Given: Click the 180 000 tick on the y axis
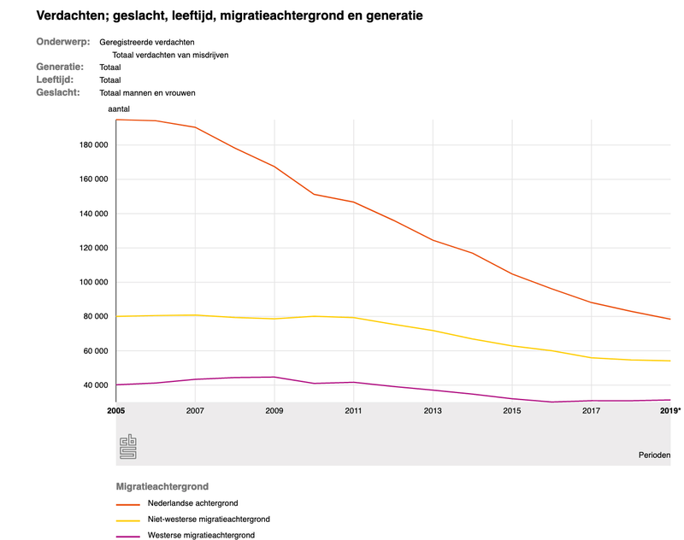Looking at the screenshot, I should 89,145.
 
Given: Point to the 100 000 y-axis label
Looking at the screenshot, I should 89,282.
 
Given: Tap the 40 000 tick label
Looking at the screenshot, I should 91,385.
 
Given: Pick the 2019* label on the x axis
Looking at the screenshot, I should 671,412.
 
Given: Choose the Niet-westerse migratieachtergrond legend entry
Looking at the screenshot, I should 209,519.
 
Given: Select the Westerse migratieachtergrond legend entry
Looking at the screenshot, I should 201,536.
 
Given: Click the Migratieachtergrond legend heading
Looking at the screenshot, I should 163,487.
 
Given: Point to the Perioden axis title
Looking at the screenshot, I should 654,455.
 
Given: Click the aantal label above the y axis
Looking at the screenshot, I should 119,110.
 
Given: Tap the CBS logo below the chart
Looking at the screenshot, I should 128,446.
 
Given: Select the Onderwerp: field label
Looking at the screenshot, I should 63,42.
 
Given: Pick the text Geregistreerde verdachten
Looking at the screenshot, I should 146,42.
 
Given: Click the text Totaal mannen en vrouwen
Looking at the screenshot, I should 148,92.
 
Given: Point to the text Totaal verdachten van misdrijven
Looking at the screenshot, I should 170,55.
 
